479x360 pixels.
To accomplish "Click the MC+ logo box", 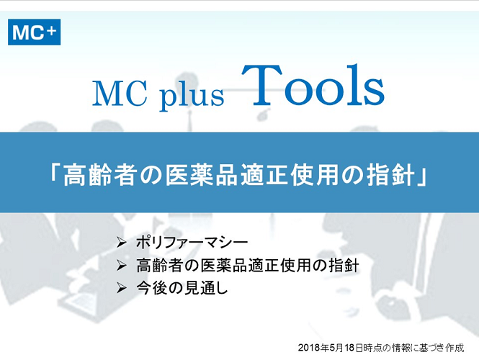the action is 35,32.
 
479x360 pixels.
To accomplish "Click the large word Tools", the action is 313,85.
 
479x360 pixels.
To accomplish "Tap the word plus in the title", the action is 192,96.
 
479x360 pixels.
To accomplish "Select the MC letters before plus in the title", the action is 120,94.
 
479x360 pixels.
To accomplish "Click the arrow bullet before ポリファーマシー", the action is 121,243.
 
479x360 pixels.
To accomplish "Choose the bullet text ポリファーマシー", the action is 192,243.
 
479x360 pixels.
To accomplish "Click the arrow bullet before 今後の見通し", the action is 121,288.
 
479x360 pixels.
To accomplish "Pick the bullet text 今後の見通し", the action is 182,288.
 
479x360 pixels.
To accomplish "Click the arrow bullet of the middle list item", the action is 121,266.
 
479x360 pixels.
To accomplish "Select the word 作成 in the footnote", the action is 455,348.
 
